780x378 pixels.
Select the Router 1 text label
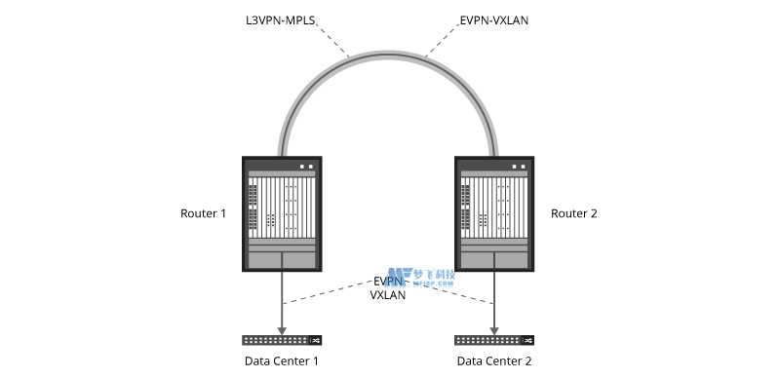click(x=203, y=213)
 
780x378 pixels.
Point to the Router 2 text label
click(x=575, y=213)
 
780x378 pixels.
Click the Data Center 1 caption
click(x=282, y=361)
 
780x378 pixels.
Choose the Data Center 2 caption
click(x=493, y=361)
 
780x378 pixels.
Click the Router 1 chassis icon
click(x=283, y=213)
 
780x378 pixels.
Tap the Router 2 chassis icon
click(x=494, y=213)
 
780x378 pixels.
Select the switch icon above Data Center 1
click(x=283, y=340)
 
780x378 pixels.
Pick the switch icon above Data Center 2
click(x=494, y=340)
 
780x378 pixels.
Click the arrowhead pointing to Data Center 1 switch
click(x=283, y=328)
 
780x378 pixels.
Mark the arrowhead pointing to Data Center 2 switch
click(x=494, y=328)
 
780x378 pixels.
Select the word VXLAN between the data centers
click(x=388, y=294)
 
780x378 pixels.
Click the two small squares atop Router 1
click(x=307, y=166)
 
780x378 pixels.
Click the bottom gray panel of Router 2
click(x=494, y=259)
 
